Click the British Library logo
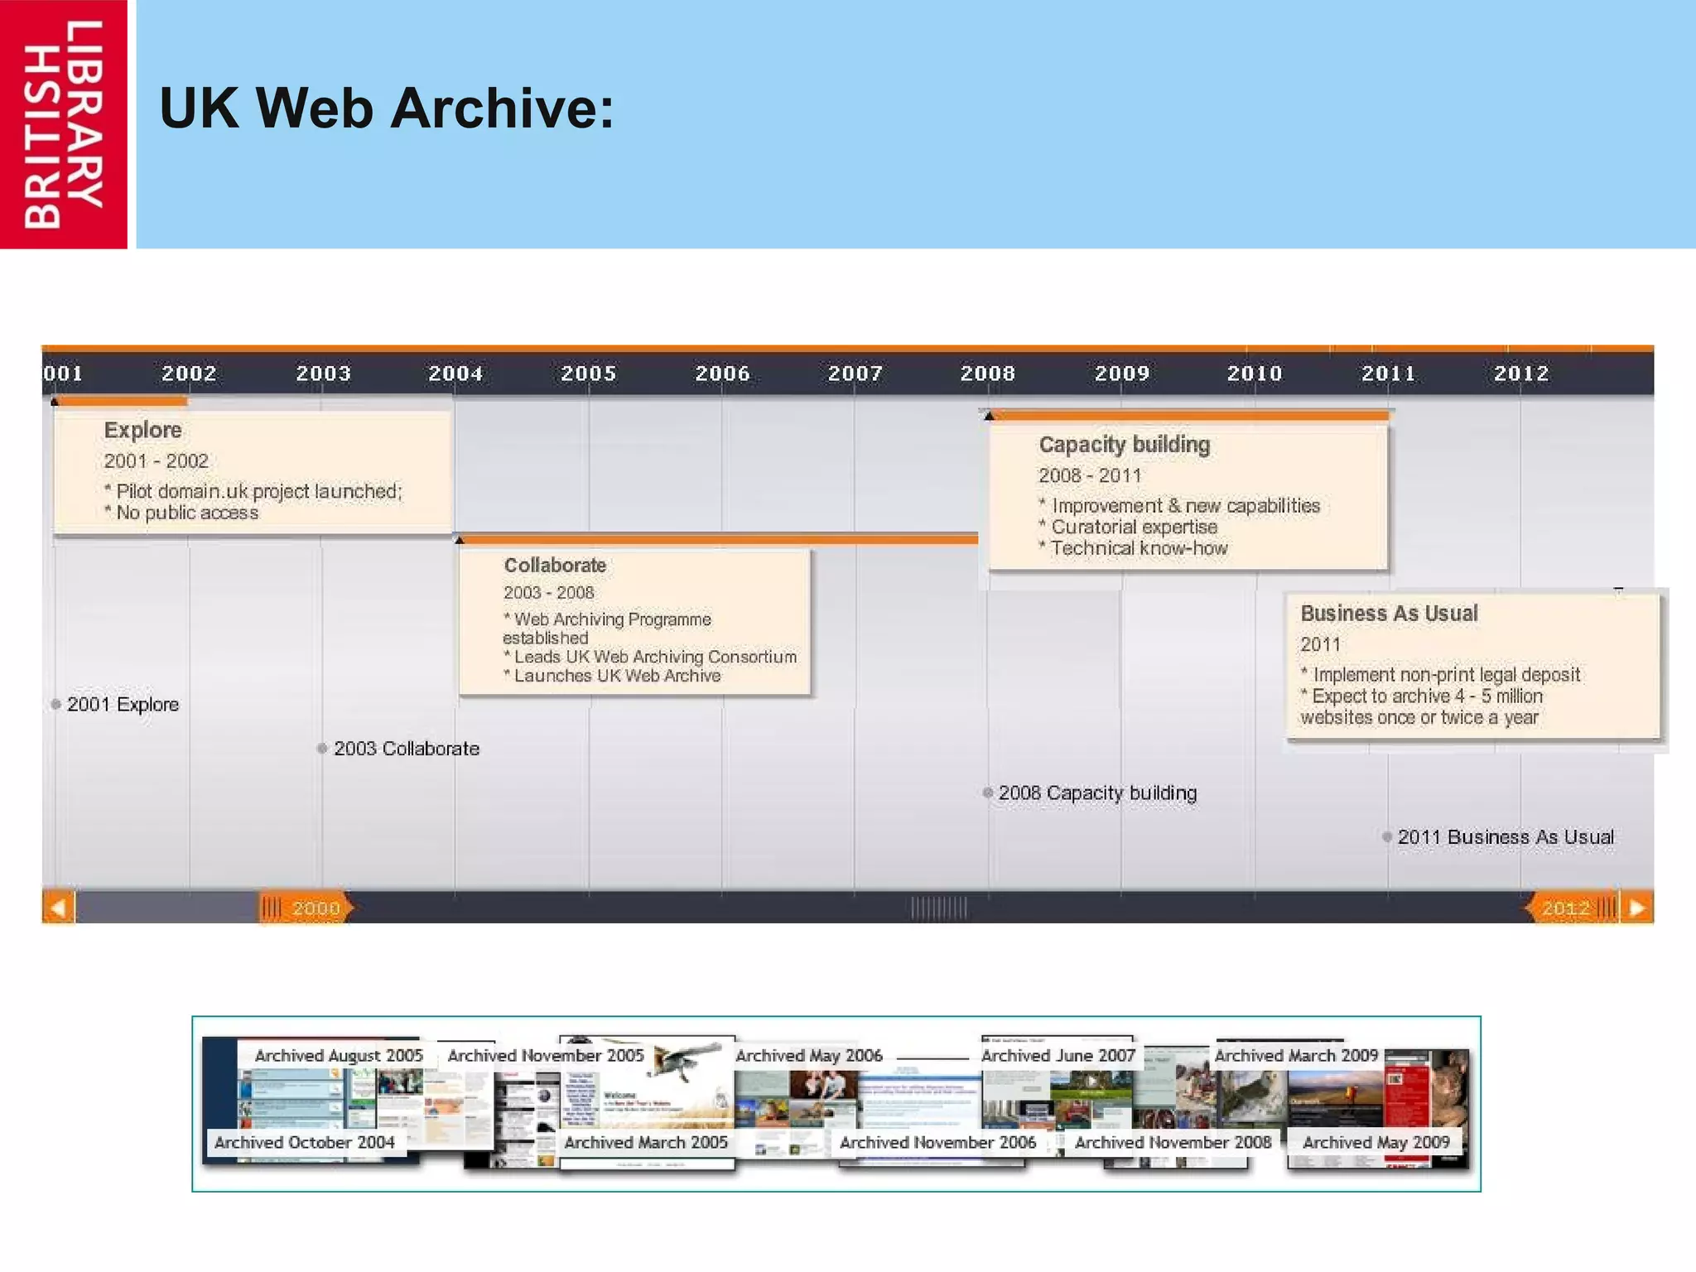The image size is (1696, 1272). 63,124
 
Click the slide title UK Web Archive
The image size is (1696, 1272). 386,108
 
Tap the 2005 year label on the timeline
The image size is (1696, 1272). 588,373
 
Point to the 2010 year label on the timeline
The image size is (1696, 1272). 1254,373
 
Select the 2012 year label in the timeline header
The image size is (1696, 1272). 1520,373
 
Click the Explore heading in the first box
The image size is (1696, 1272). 142,430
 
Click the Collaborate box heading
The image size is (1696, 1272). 555,566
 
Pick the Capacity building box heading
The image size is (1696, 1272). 1124,445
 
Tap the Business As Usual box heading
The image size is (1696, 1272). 1388,614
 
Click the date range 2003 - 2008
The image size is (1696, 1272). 548,593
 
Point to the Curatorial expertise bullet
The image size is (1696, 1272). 1133,528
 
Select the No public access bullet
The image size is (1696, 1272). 186,513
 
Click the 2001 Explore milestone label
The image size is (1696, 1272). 123,705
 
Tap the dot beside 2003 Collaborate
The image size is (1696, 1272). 322,749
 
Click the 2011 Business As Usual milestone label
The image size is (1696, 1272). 1505,837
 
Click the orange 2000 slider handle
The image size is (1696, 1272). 305,908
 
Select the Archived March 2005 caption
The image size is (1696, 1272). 645,1143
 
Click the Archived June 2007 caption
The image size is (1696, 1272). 1058,1056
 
